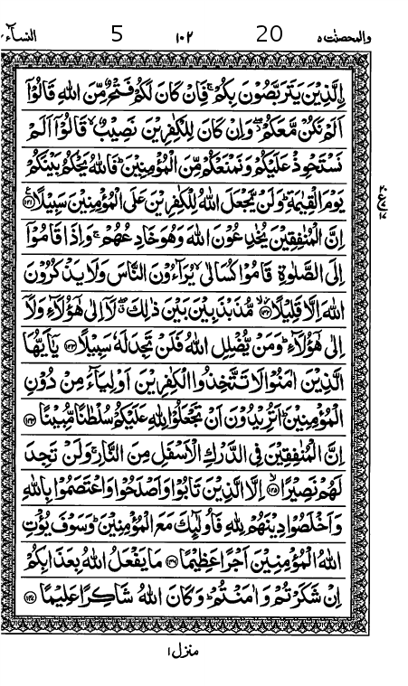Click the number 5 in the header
pos(117,35)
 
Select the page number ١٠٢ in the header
pos(185,38)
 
